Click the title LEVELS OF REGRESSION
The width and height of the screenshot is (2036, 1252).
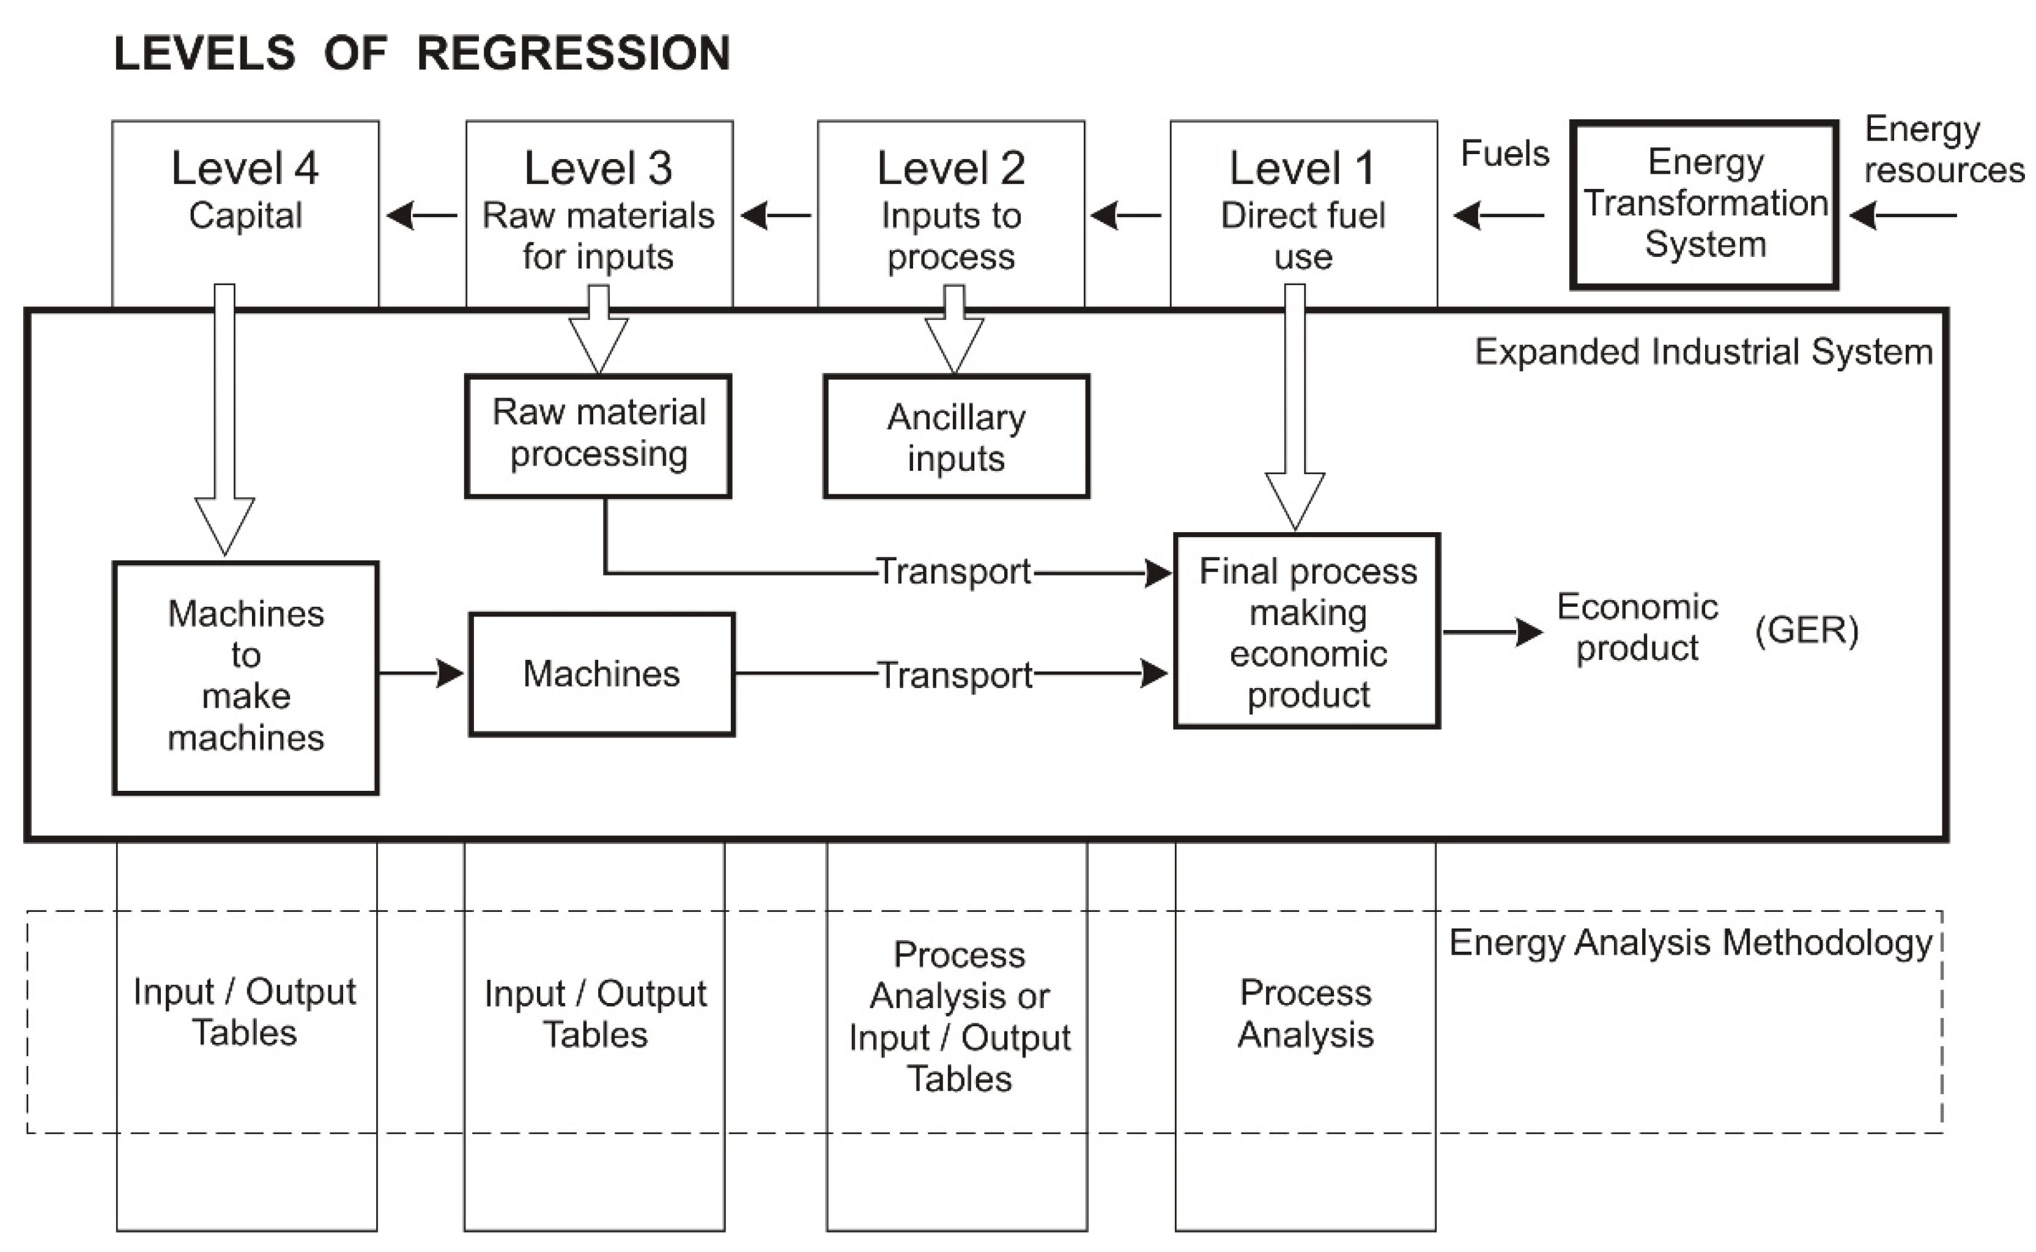(x=421, y=54)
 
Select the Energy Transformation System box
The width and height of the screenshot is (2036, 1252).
(x=1704, y=204)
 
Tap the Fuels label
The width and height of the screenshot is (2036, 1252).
(x=1505, y=154)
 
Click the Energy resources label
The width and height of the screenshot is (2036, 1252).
(x=1942, y=150)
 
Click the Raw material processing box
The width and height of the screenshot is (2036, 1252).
(x=598, y=435)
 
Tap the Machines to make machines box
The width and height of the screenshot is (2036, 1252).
(x=246, y=677)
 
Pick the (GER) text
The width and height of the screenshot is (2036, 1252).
(x=1806, y=631)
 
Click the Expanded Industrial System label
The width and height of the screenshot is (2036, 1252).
(x=1703, y=352)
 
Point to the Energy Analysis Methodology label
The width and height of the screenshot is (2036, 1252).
(x=1690, y=943)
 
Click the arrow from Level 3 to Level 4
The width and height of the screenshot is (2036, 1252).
(x=422, y=216)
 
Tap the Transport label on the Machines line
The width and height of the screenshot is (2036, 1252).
(x=955, y=675)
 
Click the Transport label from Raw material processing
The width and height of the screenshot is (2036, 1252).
(x=954, y=571)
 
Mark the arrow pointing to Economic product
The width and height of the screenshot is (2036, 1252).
(x=1492, y=632)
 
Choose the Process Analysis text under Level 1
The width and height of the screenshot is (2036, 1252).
(x=1305, y=1013)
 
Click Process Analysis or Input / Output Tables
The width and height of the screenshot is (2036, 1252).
(x=959, y=1017)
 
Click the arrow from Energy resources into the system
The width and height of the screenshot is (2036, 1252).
(x=1903, y=216)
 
